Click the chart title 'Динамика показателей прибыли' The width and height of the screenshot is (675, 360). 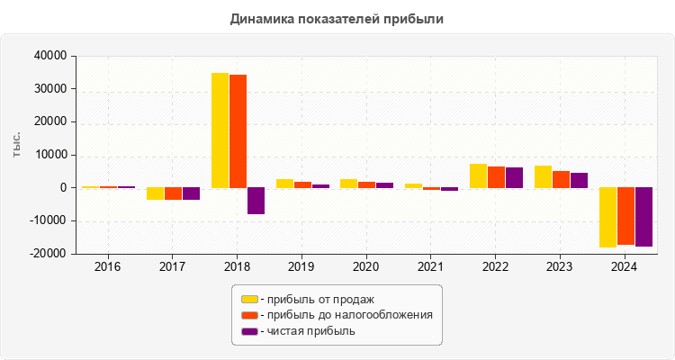(x=337, y=18)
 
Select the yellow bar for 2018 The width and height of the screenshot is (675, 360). (x=220, y=130)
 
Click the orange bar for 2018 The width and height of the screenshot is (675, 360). (x=238, y=131)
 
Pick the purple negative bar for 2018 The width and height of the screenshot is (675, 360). (x=256, y=201)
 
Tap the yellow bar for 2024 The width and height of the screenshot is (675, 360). (x=607, y=217)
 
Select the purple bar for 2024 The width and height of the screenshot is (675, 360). (x=643, y=217)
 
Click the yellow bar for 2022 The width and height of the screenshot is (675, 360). (x=478, y=175)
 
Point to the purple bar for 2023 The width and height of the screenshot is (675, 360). (x=579, y=180)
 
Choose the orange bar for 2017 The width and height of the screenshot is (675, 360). (x=173, y=193)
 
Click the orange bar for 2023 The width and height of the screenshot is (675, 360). (x=561, y=179)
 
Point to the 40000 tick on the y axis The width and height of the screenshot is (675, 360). (x=49, y=56)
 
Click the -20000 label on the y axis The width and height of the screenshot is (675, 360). (x=48, y=254)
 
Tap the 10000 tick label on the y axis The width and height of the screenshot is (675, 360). (x=49, y=155)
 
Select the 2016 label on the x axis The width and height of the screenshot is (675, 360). (x=108, y=267)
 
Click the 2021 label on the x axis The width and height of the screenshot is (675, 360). (x=430, y=267)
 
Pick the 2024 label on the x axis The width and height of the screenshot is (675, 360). (x=624, y=267)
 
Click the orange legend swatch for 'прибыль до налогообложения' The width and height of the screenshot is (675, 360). (x=249, y=315)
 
